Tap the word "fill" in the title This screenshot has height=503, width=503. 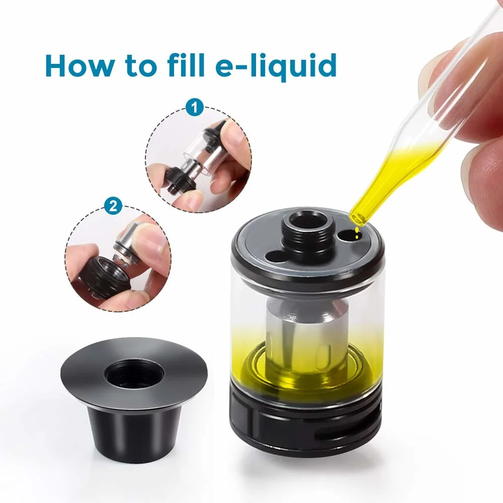tap(186, 64)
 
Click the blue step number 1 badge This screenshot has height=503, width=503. tap(195, 108)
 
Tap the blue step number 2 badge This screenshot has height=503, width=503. tap(113, 206)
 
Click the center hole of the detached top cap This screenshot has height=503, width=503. tap(134, 374)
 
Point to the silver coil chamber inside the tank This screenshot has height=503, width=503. tap(307, 337)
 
